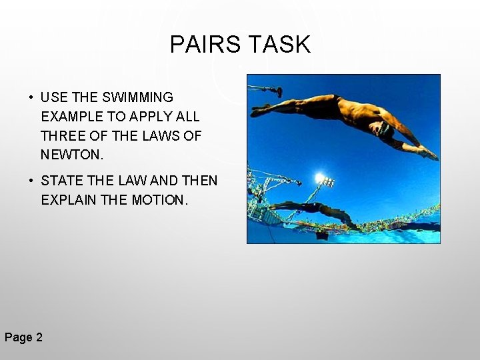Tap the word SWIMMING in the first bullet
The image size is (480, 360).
141,98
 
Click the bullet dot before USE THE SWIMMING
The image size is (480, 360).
31,99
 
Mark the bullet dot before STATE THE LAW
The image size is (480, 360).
31,181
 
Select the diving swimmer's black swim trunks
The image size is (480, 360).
347,107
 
